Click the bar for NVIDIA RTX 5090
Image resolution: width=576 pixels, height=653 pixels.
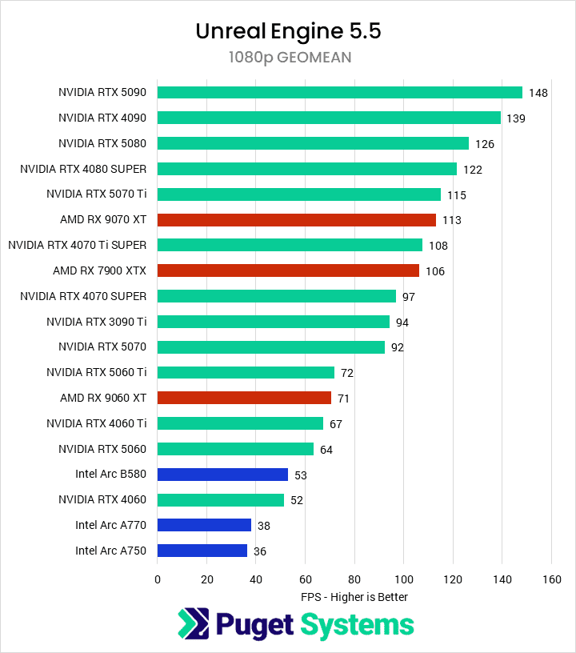(x=339, y=92)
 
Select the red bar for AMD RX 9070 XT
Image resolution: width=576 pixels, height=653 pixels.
(x=296, y=219)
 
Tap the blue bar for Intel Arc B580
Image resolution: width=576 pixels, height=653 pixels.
(x=222, y=475)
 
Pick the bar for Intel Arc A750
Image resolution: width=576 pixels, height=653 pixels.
(x=202, y=551)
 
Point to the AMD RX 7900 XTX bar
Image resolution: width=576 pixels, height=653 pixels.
(x=288, y=270)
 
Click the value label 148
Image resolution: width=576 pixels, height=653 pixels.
(x=538, y=93)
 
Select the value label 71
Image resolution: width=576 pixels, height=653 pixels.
(x=343, y=399)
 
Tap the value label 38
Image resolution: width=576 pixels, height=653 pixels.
(x=263, y=526)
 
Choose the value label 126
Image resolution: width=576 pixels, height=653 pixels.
(x=484, y=144)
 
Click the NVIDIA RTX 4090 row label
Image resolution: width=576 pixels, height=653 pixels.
(x=102, y=118)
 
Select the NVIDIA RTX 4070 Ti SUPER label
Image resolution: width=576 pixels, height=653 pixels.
(x=78, y=245)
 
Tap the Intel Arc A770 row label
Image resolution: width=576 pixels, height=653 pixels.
(x=111, y=525)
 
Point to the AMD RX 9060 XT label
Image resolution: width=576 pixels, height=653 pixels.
(x=103, y=398)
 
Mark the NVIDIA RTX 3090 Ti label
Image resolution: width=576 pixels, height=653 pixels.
(x=97, y=322)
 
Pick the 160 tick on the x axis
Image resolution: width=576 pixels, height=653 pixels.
(x=551, y=579)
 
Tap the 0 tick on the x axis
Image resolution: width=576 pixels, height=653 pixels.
(x=158, y=579)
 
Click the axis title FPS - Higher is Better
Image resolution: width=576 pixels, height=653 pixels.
(x=354, y=597)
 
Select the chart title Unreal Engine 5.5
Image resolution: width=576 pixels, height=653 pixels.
(x=288, y=31)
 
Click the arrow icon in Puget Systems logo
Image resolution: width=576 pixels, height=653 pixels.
(x=192, y=625)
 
